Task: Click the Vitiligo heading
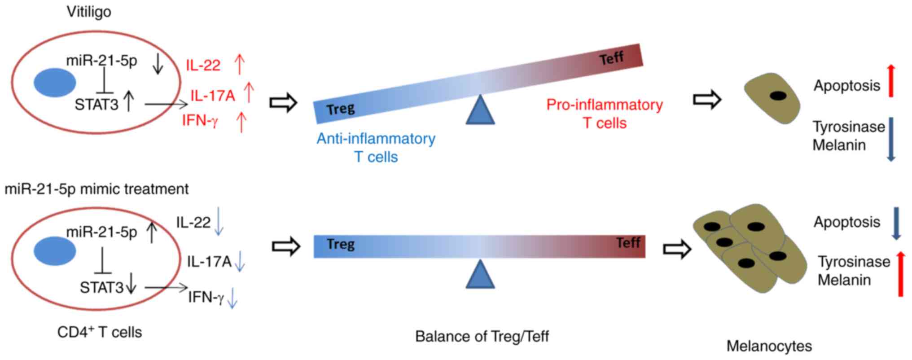[89, 12]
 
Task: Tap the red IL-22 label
[203, 66]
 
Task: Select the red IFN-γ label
[200, 120]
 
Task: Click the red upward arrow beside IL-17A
[249, 93]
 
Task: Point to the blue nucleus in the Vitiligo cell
[55, 83]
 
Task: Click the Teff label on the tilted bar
[611, 58]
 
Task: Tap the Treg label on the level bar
[341, 244]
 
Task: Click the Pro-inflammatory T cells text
[605, 114]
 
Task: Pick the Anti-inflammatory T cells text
[376, 148]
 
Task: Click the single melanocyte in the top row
[772, 98]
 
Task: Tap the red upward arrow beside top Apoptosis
[891, 81]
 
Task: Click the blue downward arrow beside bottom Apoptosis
[896, 223]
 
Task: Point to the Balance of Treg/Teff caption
[482, 337]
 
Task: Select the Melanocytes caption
[769, 346]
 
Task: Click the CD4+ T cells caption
[100, 332]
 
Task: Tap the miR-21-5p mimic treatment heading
[96, 189]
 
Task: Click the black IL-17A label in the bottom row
[209, 262]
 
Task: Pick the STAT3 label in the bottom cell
[101, 287]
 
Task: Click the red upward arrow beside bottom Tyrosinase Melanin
[900, 274]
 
